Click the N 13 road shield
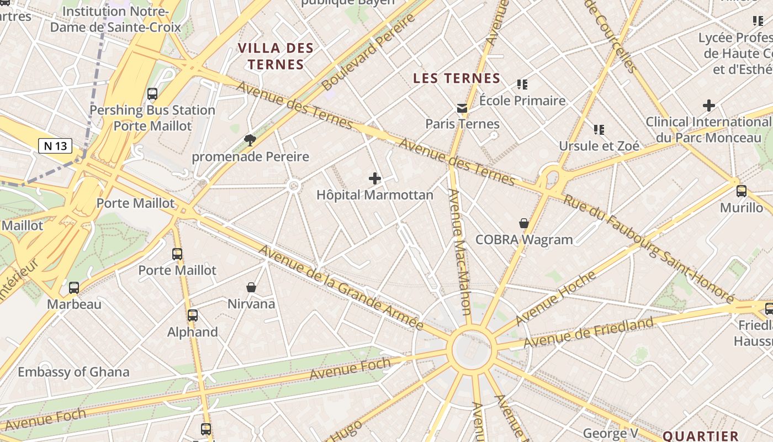tap(55, 146)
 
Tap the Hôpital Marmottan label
tap(375, 195)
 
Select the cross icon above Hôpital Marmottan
tap(375, 178)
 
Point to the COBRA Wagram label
tap(524, 240)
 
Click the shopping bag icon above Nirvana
tap(251, 287)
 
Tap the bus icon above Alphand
tap(193, 315)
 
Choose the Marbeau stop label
tap(74, 304)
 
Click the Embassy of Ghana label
tap(73, 372)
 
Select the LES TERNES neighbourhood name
tap(457, 78)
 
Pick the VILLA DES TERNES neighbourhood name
tap(276, 56)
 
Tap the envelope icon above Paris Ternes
tap(462, 108)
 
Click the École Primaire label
tap(522, 101)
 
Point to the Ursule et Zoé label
tap(599, 146)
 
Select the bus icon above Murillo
tap(742, 191)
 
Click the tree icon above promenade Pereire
tap(250, 140)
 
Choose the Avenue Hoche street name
tap(555, 297)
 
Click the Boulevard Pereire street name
tap(368, 52)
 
